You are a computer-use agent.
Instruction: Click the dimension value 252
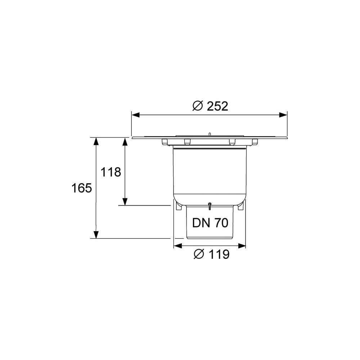217,106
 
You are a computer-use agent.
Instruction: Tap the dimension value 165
81,188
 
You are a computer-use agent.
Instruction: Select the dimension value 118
111,172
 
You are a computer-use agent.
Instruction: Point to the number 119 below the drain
219,255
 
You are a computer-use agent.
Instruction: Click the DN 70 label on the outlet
210,223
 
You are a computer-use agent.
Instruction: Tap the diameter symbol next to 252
198,106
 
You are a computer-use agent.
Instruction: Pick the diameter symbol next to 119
199,254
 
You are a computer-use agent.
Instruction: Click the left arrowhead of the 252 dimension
135,115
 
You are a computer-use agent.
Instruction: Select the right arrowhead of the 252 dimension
283,115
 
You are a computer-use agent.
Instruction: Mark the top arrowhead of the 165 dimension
96,141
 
